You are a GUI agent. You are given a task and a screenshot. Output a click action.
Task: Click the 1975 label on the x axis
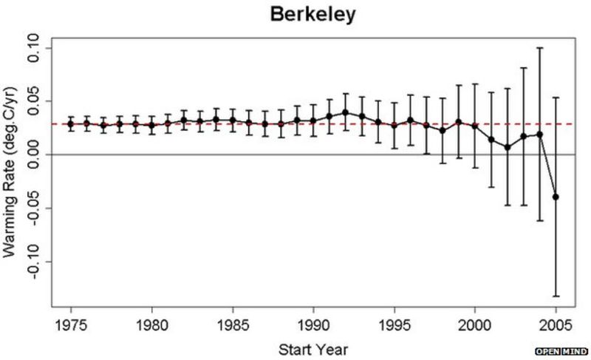[71, 325]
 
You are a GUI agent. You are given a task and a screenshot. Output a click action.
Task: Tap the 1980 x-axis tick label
[151, 325]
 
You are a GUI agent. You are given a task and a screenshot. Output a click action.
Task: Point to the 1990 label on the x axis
[313, 325]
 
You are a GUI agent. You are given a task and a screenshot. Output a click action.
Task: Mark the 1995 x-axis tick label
[394, 325]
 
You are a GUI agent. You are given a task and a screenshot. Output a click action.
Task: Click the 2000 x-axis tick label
[474, 325]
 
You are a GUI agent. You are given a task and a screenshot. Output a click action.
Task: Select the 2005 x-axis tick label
[555, 325]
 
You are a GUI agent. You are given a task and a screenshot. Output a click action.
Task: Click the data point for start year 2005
[556, 197]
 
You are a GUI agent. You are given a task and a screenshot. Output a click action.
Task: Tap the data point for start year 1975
[71, 123]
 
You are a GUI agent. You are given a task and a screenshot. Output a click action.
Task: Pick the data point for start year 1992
[345, 112]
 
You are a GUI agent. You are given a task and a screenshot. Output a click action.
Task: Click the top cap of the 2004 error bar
[539, 48]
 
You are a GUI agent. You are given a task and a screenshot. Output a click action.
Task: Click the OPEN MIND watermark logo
[561, 350]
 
